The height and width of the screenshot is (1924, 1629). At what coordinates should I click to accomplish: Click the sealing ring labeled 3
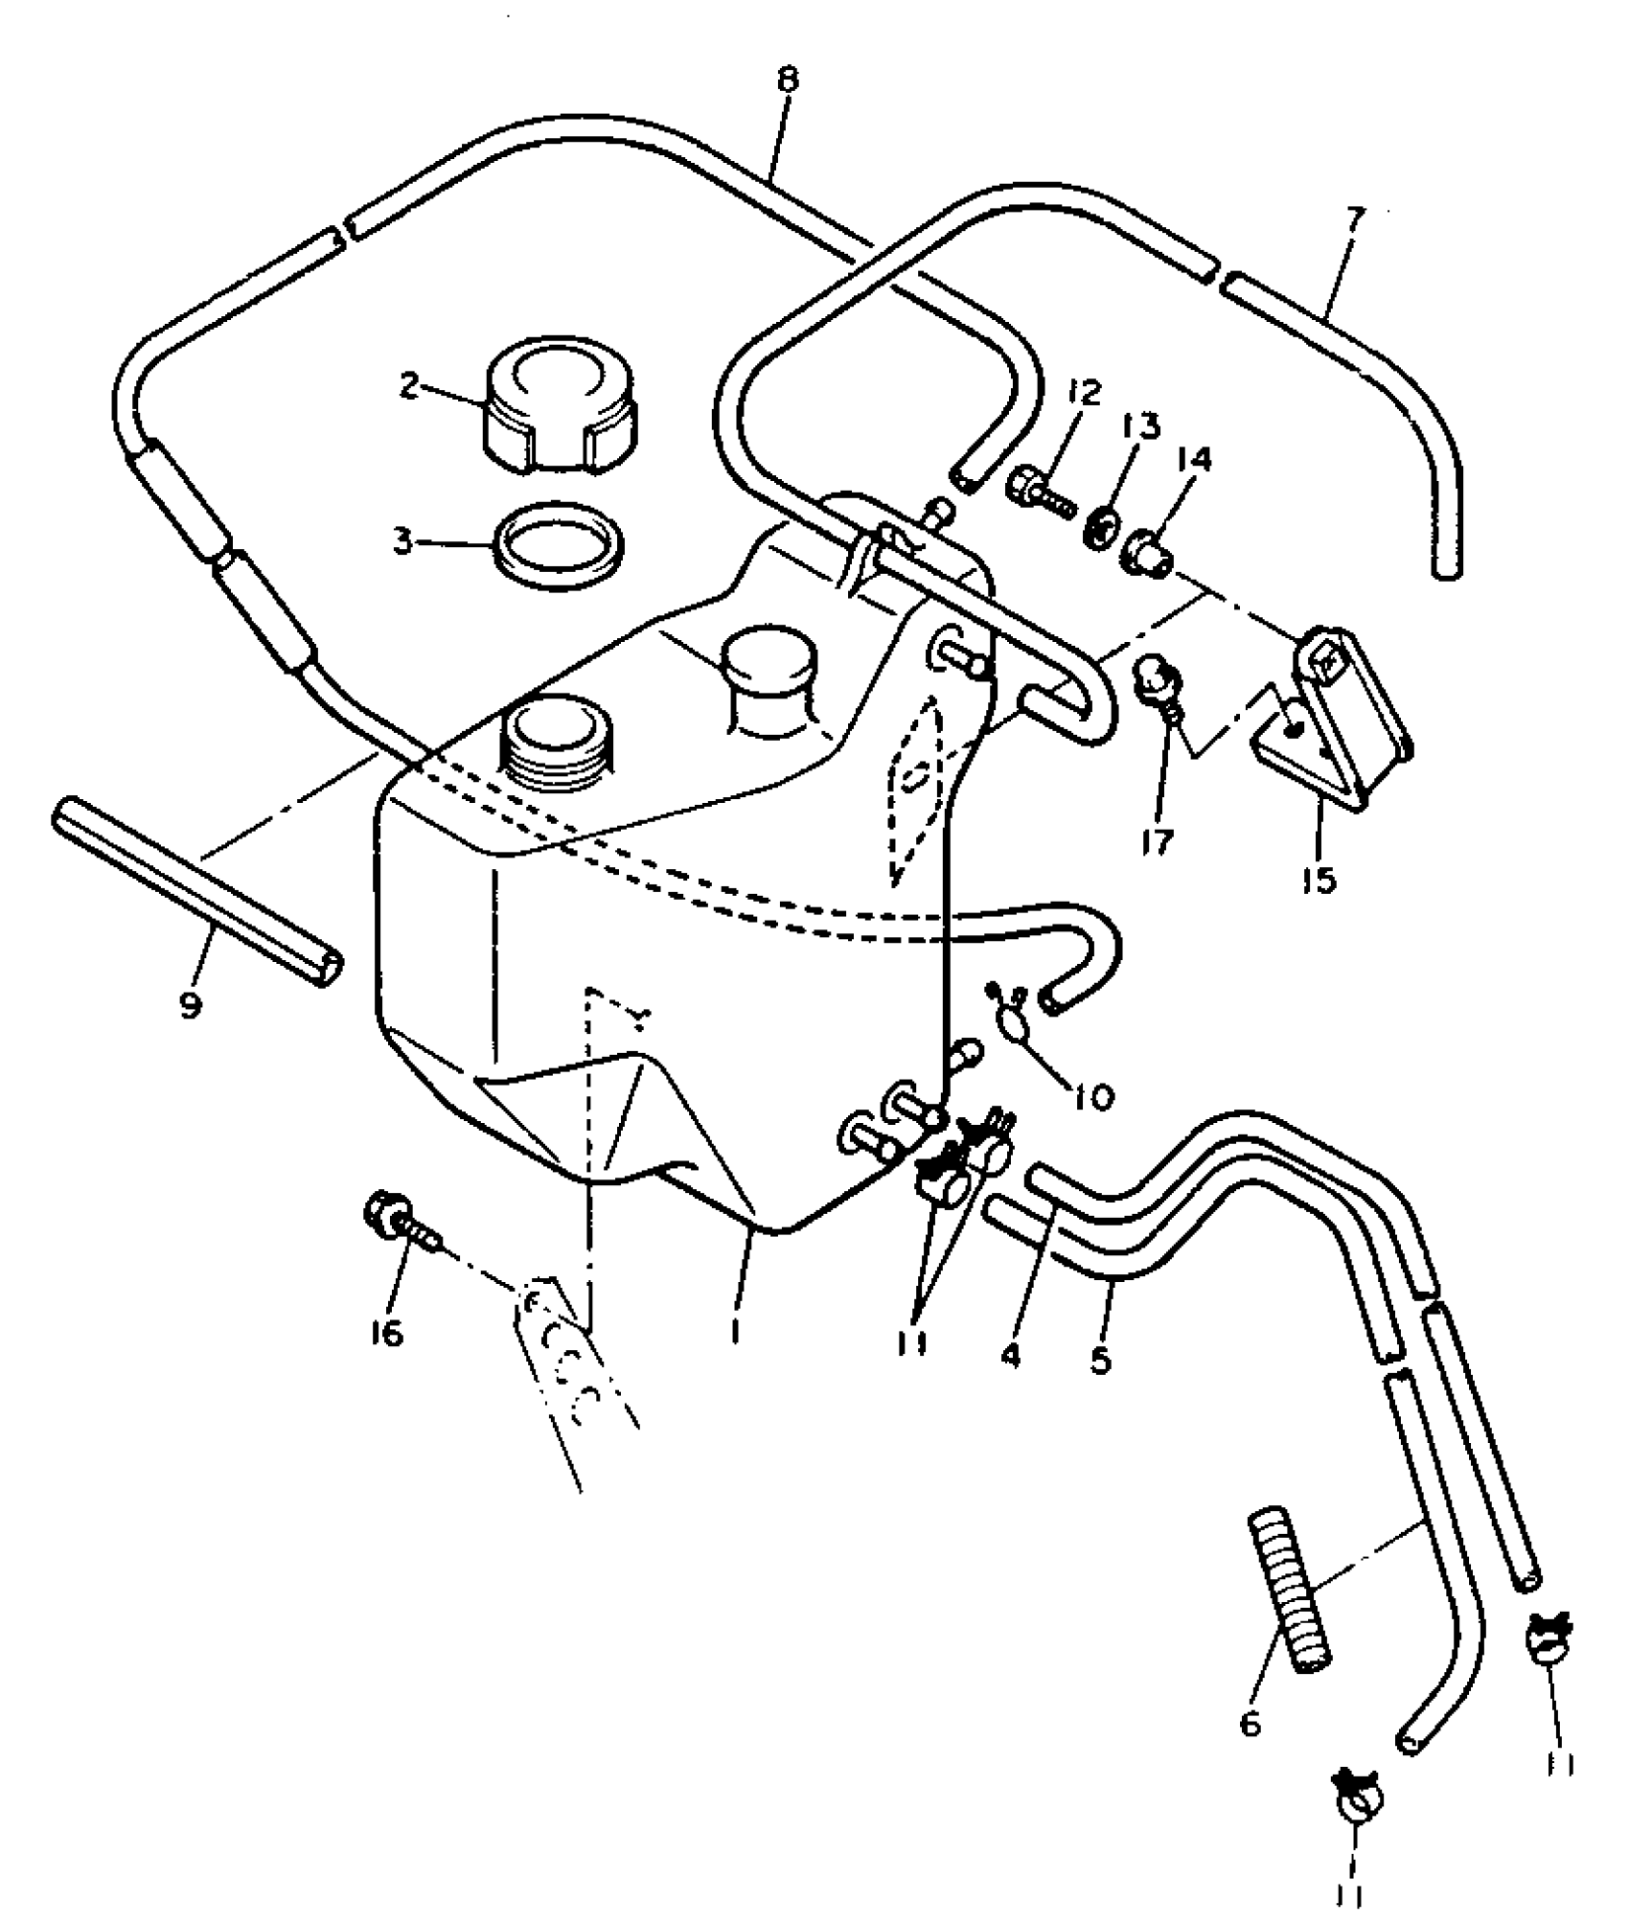(x=558, y=543)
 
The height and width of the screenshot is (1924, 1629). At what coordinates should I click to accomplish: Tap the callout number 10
(x=1094, y=1095)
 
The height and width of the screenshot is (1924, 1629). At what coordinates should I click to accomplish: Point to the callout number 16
(x=386, y=1334)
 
